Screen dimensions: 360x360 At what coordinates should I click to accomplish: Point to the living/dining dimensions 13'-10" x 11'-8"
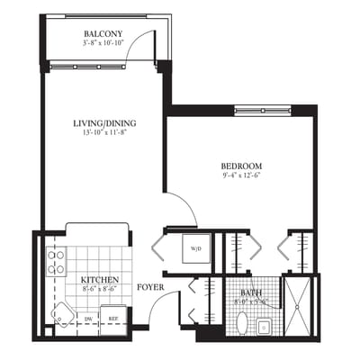pyautogui.click(x=103, y=132)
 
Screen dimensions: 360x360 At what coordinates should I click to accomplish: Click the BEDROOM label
pyautogui.click(x=241, y=166)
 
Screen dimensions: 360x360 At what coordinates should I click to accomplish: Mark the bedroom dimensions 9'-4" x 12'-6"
pyautogui.click(x=241, y=176)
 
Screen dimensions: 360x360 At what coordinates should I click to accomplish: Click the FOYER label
pyautogui.click(x=150, y=288)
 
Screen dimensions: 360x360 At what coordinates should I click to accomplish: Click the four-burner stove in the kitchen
pyautogui.click(x=56, y=262)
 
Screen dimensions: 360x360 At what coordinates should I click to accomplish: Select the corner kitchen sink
pyautogui.click(x=62, y=316)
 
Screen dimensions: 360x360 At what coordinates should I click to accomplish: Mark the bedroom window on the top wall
pyautogui.click(x=265, y=111)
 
